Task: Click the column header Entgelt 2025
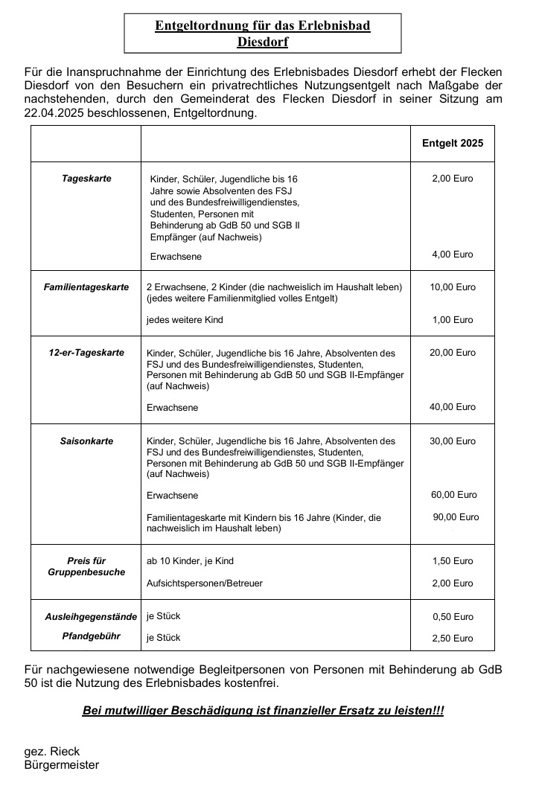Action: click(x=453, y=143)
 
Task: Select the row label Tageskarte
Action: click(x=86, y=179)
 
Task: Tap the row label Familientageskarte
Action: click(x=86, y=287)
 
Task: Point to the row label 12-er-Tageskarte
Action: click(x=86, y=353)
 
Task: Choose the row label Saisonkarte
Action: click(x=86, y=441)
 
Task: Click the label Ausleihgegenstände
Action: click(x=91, y=617)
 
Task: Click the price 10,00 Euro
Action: click(x=453, y=287)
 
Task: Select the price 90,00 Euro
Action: click(x=456, y=517)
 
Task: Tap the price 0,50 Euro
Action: click(x=453, y=617)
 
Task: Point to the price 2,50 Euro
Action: click(x=453, y=639)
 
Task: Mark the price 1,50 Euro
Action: click(x=453, y=561)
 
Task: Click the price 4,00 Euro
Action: click(x=453, y=255)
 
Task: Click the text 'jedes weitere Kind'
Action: click(x=185, y=320)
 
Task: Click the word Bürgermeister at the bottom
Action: click(x=62, y=765)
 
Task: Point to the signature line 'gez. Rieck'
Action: click(x=52, y=752)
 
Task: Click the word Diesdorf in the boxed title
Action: click(x=262, y=42)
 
